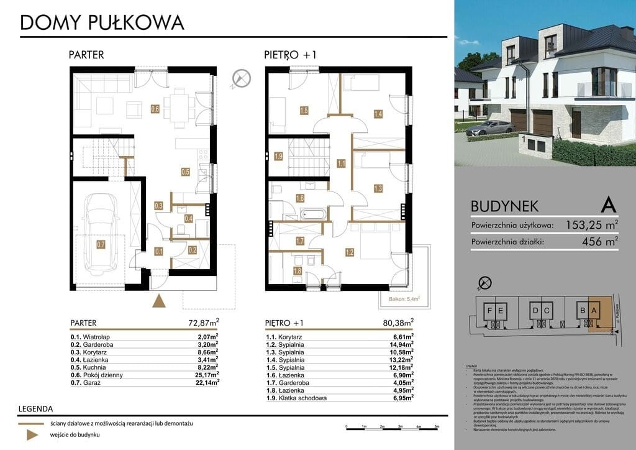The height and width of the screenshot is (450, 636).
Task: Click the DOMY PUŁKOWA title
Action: [102, 22]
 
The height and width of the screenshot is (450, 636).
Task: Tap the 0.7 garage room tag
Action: [101, 244]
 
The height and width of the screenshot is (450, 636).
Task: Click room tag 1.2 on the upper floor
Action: [350, 252]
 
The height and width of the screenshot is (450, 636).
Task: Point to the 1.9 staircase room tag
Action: [279, 155]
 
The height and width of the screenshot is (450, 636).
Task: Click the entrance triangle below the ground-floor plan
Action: [160, 301]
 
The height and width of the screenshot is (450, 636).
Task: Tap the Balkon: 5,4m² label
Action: [401, 299]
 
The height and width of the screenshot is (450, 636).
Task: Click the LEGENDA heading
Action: [36, 409]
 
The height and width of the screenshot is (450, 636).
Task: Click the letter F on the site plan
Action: [490, 311]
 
